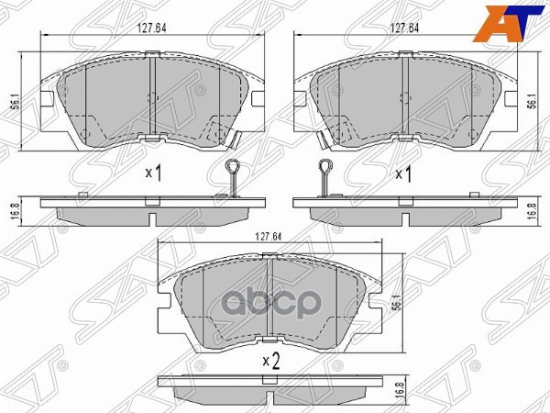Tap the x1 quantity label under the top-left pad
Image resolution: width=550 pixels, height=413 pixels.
153,172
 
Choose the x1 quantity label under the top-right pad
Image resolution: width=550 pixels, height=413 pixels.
403,172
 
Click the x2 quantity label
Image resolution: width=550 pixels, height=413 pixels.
270,360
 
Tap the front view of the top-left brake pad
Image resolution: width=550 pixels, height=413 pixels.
152,101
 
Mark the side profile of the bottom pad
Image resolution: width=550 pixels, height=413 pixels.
271,382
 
